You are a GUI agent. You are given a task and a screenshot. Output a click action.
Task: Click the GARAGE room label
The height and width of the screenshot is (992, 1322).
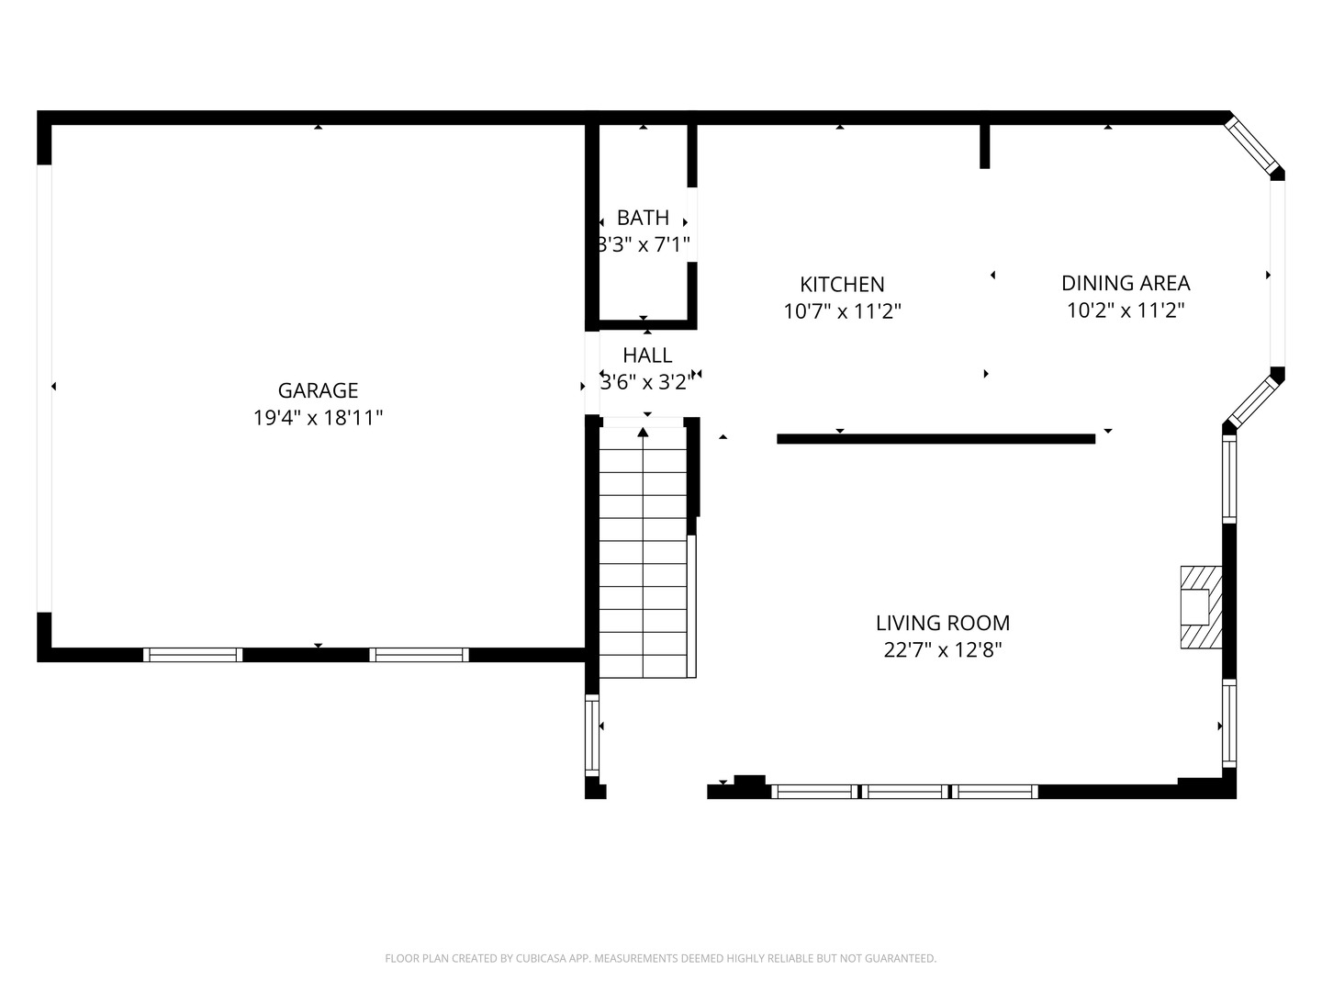coord(318,390)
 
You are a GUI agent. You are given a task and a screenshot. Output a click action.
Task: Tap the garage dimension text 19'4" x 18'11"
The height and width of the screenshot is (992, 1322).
coord(318,417)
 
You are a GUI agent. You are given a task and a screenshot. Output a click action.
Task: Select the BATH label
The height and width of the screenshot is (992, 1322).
coord(643,217)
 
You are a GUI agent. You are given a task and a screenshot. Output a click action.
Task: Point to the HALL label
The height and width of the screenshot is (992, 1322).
coord(647,355)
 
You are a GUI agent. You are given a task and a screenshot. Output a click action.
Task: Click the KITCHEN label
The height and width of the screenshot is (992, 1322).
coord(842,285)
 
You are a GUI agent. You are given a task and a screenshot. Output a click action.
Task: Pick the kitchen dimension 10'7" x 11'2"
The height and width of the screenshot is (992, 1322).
coord(842,311)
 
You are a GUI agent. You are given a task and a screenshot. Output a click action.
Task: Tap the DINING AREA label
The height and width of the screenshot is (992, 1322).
coord(1125,283)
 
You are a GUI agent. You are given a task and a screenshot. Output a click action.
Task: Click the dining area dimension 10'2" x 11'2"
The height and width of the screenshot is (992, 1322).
coord(1125,310)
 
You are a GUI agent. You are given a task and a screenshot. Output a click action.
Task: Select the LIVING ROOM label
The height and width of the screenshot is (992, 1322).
coord(943,623)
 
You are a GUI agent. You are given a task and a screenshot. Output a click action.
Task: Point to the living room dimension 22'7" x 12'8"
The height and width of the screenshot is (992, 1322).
coord(943,650)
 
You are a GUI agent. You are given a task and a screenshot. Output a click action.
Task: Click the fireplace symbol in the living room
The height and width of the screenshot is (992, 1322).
coord(1200,607)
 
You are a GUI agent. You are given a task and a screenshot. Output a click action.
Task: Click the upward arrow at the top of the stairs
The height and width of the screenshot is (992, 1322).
coord(644,432)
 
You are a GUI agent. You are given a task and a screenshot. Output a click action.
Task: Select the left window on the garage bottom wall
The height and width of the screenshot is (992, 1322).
coord(193,655)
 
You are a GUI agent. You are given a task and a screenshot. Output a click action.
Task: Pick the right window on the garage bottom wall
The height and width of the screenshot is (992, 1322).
coord(419,655)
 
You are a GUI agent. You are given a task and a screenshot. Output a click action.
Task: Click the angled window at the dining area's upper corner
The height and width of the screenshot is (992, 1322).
coord(1250,144)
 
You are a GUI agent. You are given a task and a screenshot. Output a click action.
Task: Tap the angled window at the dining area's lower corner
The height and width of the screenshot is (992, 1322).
coord(1252,401)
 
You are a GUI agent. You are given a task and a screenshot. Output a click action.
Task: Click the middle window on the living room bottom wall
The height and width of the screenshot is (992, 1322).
coord(904,792)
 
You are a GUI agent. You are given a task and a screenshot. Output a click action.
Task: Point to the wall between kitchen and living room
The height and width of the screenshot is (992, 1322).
coord(935,439)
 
